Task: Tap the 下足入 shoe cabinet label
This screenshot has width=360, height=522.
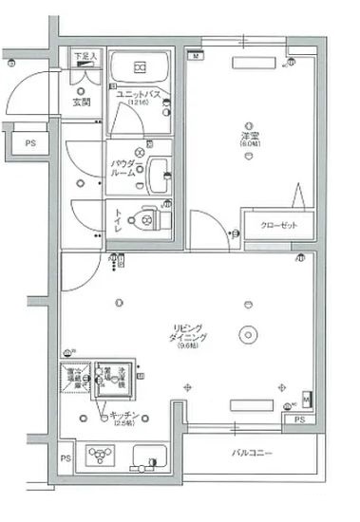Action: point(86,57)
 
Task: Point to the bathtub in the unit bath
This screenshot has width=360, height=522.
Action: point(141,66)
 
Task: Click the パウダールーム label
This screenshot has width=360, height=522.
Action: point(124,168)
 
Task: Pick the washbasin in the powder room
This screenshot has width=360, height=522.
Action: point(158,174)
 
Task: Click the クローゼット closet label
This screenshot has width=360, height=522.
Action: point(278,227)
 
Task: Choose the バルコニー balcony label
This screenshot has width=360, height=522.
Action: point(251,454)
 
